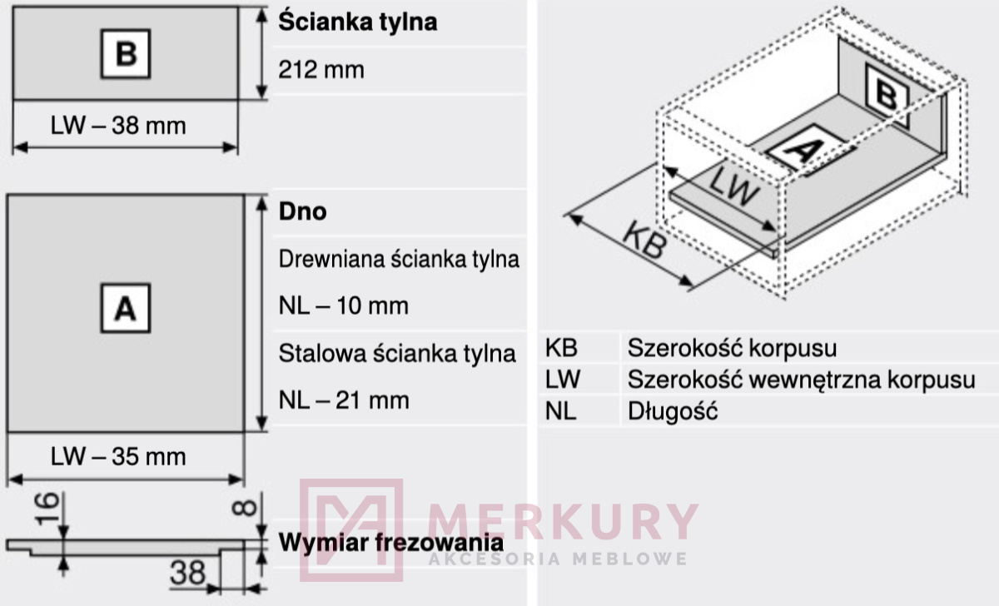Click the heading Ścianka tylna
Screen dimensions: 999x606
click(x=358, y=22)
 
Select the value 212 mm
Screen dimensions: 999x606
click(x=321, y=70)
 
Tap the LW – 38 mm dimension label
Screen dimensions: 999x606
click(x=118, y=126)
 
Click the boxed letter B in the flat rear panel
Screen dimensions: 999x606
click(x=126, y=54)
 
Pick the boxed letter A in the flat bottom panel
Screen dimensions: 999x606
click(x=126, y=308)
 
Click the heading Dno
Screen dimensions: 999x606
click(x=302, y=211)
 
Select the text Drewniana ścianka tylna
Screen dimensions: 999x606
click(x=399, y=259)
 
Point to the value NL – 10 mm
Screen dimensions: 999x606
click(x=343, y=305)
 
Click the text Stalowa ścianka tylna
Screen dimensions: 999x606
click(x=397, y=354)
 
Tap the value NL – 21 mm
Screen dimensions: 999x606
click(x=344, y=400)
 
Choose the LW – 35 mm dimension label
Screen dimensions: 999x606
click(x=118, y=457)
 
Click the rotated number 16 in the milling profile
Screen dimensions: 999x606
click(x=47, y=509)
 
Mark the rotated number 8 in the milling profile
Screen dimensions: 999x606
click(x=245, y=508)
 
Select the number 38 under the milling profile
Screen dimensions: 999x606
click(x=188, y=573)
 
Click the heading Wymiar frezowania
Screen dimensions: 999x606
click(x=391, y=543)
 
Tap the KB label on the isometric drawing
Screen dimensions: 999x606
click(x=645, y=240)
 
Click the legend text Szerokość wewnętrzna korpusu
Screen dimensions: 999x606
click(x=802, y=380)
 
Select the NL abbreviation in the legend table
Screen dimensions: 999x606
click(x=560, y=411)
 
